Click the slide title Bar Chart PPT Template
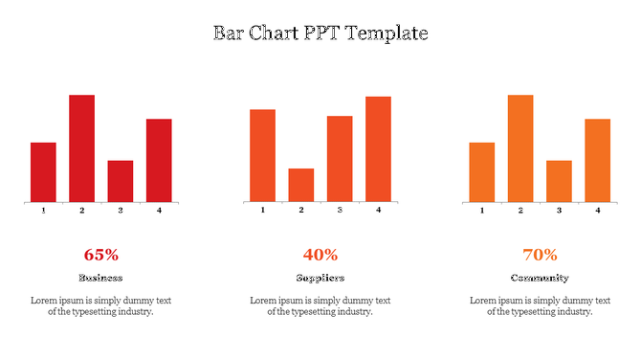[x=320, y=34]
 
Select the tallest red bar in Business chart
[x=81, y=148]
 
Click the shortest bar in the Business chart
[x=121, y=181]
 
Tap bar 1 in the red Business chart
[x=43, y=172]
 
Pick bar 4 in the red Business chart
[x=159, y=160]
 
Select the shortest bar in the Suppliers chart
[x=301, y=185]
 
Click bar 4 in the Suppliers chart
[x=378, y=148]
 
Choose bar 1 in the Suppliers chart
[x=262, y=155]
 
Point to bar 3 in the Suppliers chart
[x=340, y=159]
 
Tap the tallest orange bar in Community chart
[x=520, y=148]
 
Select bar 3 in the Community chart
[x=559, y=181]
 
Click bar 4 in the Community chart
[x=598, y=160]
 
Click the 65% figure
[x=100, y=255]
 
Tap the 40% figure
[x=320, y=255]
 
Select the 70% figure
[x=540, y=255]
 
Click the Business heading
[x=100, y=278]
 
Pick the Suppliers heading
[x=320, y=278]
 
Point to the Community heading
[x=540, y=278]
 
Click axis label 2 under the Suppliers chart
[x=301, y=210]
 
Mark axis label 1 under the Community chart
[x=482, y=210]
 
